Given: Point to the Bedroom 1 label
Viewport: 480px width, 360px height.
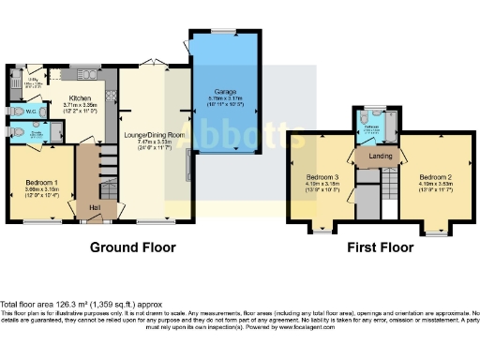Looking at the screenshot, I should (41, 182).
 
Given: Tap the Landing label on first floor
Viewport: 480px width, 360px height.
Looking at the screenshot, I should (381, 156).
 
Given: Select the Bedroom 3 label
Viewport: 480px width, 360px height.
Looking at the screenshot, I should (322, 177).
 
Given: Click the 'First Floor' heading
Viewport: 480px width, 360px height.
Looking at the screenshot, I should (383, 248).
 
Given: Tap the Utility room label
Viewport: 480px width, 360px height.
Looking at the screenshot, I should (30, 82).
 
